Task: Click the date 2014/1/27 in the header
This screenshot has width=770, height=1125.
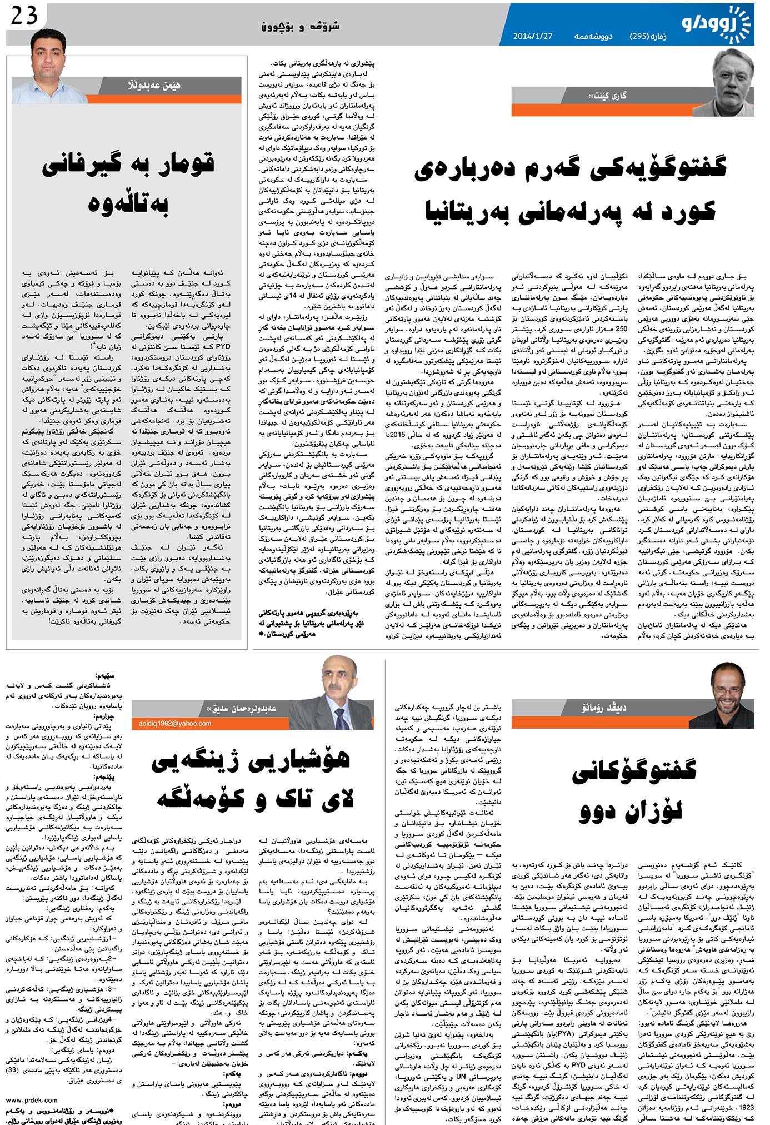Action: [533, 37]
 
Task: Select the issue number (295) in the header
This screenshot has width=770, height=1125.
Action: [650, 37]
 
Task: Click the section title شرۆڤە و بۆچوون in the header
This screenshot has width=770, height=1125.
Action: [301, 26]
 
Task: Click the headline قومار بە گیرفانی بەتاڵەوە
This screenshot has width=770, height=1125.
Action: [128, 183]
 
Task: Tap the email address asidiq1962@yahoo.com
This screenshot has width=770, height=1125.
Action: [173, 724]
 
